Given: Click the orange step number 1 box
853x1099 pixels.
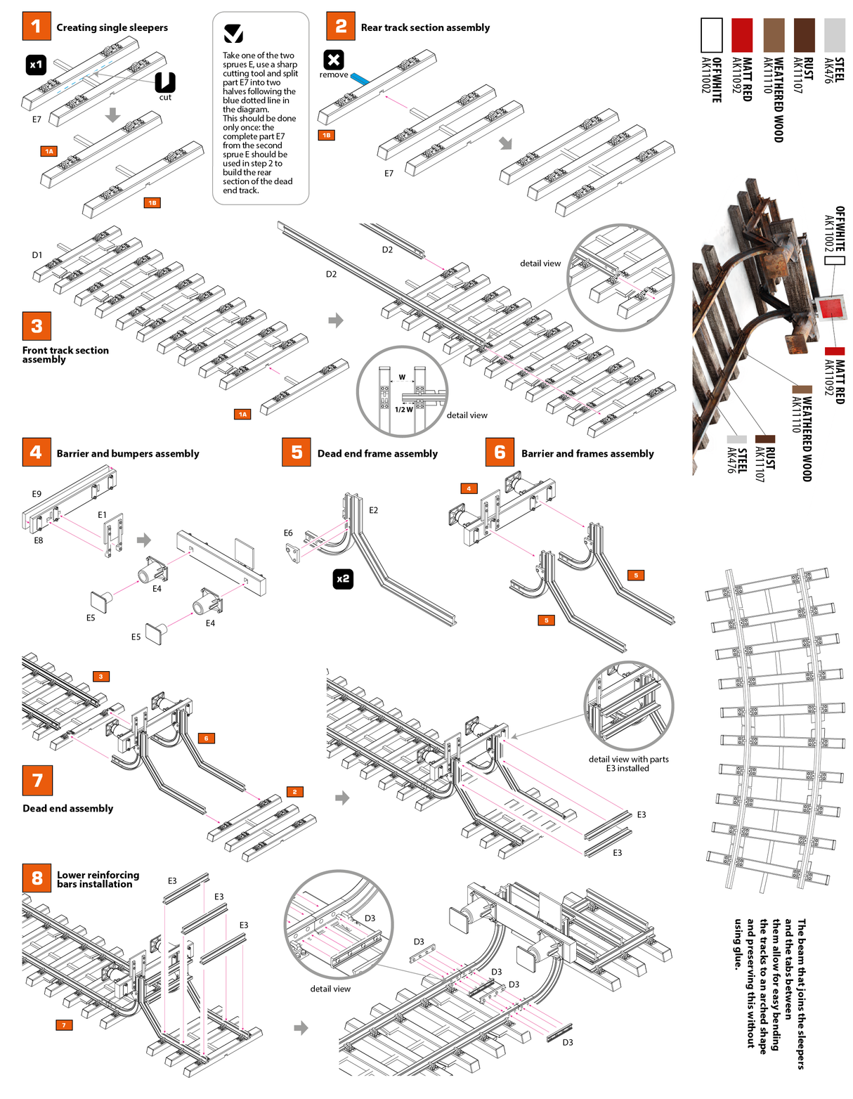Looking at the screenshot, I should click(x=36, y=26).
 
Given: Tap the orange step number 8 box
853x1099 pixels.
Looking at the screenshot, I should click(x=37, y=878).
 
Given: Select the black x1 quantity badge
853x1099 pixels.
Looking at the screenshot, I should click(x=36, y=65).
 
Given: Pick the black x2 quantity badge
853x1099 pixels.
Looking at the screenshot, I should click(x=343, y=579).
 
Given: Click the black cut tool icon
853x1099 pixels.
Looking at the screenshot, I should click(x=165, y=82).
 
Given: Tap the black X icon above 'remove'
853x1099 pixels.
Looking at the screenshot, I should click(x=334, y=60).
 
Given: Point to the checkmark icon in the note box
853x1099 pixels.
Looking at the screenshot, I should click(x=233, y=33).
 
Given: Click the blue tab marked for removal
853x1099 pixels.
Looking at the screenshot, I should click(x=360, y=79).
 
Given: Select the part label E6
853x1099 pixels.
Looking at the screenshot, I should click(x=288, y=533).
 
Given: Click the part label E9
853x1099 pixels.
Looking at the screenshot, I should click(x=37, y=494).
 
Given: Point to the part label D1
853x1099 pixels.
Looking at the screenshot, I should click(x=37, y=255).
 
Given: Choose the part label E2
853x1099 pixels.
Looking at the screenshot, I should click(x=373, y=510).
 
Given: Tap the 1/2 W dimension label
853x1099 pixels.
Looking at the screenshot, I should click(x=403, y=410).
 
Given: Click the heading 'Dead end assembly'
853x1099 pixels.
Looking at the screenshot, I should click(x=67, y=808).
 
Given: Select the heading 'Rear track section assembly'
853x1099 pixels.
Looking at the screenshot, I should click(x=425, y=27).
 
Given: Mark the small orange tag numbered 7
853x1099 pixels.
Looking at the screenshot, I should click(x=64, y=1025).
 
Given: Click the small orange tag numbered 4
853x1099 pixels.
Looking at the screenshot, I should click(x=469, y=488).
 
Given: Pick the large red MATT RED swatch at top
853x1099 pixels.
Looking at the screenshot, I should click(x=742, y=35).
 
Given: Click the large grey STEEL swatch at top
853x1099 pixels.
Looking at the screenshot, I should click(x=834, y=35).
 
